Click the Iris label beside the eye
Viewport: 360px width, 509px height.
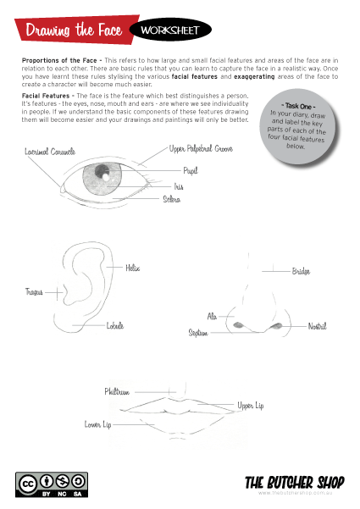[179, 185]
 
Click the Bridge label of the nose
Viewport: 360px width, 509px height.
[302, 271]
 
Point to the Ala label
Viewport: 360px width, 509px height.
[213, 316]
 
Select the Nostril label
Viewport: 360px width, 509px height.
[317, 326]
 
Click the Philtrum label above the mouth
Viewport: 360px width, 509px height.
[117, 391]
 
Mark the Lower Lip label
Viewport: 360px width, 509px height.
[97, 423]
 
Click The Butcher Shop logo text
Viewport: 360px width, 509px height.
[294, 482]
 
